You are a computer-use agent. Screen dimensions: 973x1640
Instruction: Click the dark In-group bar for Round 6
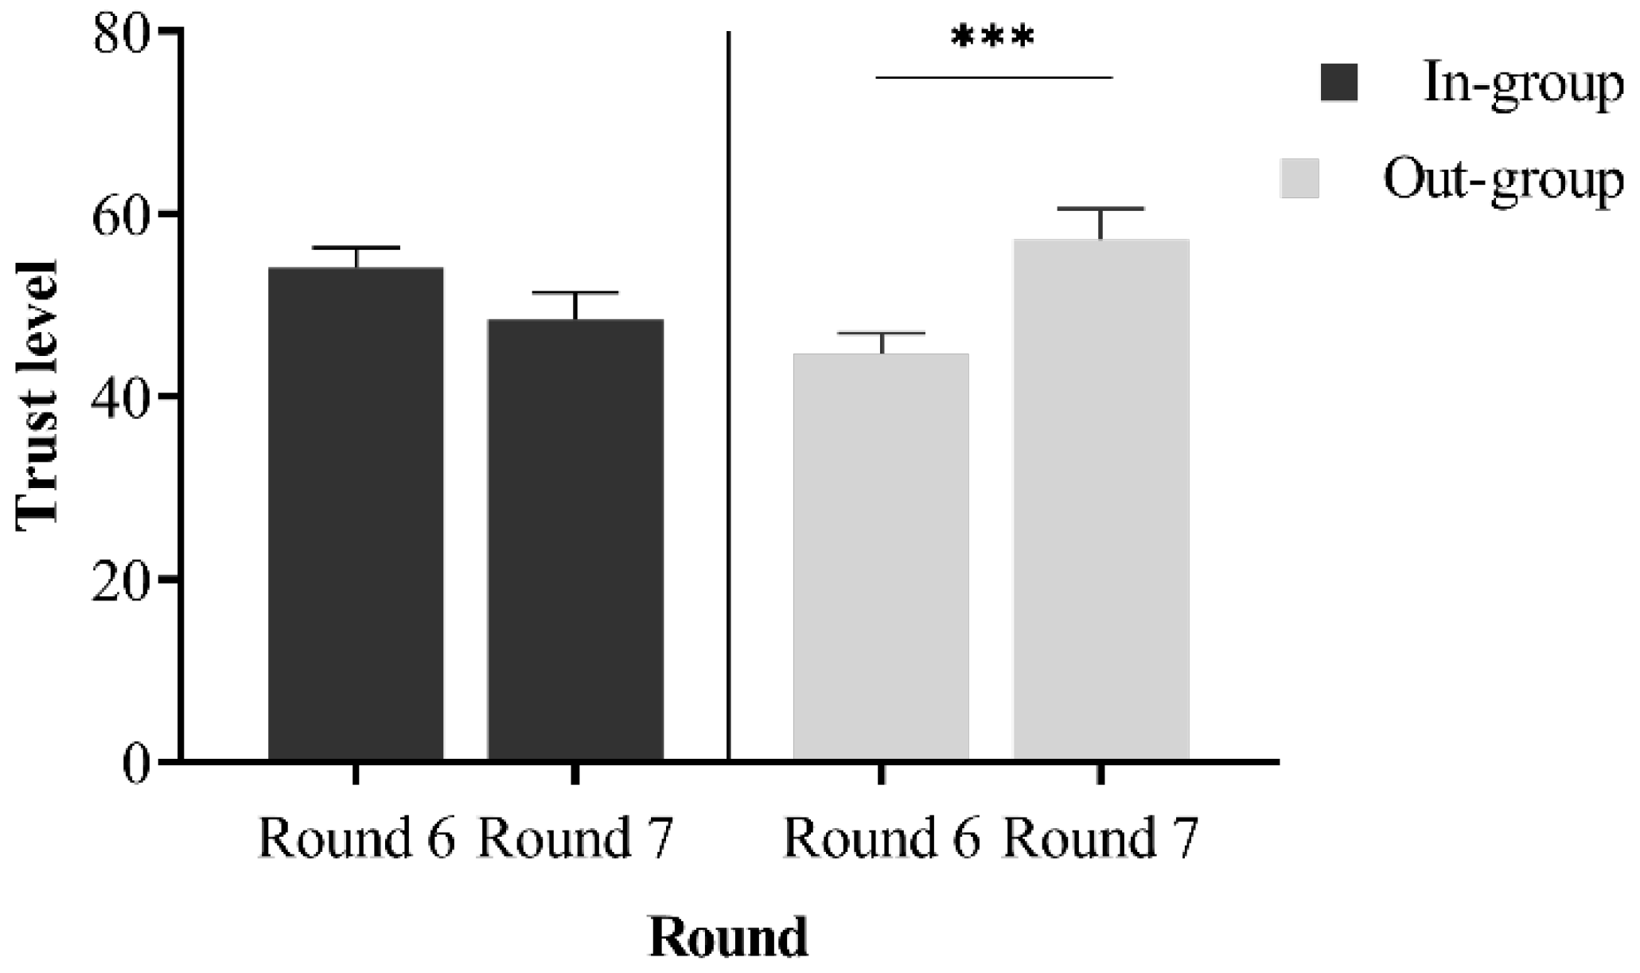356,514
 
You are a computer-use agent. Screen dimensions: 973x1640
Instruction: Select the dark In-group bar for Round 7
575,539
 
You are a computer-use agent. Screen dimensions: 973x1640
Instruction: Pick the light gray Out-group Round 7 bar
1100,499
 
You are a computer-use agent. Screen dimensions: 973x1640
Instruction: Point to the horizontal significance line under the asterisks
993,77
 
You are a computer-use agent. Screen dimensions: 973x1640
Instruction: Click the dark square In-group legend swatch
1339,83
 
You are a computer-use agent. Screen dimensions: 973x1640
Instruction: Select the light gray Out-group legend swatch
1299,178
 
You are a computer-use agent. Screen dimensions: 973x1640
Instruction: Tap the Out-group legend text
1503,181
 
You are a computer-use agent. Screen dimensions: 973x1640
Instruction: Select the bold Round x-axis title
728,937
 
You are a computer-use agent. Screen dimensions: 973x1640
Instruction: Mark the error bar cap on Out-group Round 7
1100,209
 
